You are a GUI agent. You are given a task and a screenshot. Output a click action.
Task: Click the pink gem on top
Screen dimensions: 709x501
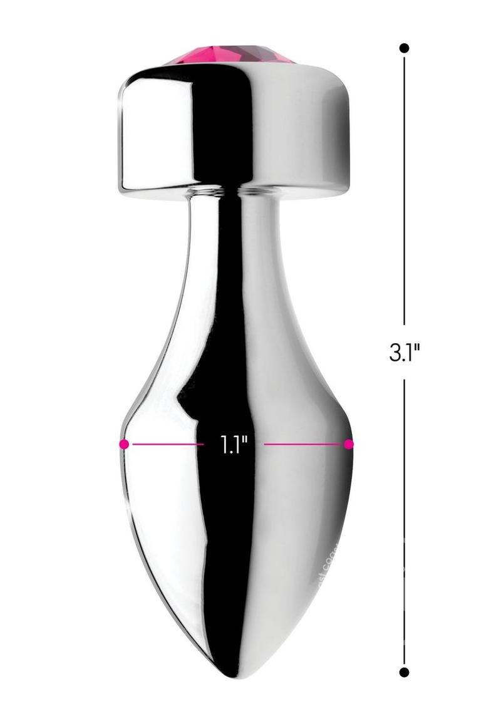(229, 54)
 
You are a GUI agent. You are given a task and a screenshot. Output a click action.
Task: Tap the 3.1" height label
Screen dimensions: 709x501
(404, 353)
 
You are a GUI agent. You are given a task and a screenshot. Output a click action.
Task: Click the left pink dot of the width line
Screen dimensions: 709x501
(124, 444)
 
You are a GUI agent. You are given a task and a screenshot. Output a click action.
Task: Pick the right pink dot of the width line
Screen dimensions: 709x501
(349, 444)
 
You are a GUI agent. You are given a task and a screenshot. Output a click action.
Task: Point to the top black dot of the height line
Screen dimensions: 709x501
(404, 48)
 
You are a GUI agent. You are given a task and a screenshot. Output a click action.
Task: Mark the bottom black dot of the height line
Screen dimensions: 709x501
(404, 672)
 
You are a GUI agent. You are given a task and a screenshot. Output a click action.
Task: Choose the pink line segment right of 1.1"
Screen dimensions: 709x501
(304, 444)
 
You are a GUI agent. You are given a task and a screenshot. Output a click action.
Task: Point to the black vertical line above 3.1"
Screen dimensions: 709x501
(404, 188)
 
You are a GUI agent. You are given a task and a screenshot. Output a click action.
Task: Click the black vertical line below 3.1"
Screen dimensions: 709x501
(404, 520)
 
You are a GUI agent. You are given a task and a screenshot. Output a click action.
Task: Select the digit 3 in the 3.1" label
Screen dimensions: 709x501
(395, 353)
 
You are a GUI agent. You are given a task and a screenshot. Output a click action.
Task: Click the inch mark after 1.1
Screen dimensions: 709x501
(245, 442)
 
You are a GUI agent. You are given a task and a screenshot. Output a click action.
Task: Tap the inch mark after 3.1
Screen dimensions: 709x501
(416, 348)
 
